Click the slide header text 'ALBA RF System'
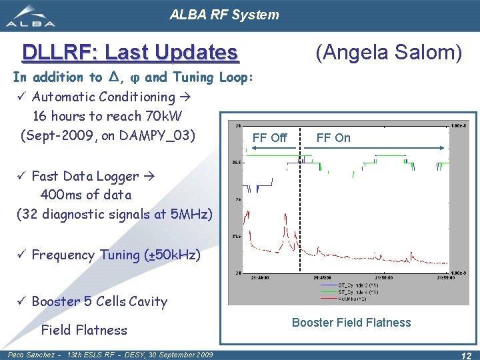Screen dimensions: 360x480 [x=224, y=14]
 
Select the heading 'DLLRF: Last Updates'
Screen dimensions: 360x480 [x=129, y=52]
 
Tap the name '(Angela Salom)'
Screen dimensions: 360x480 [x=389, y=51]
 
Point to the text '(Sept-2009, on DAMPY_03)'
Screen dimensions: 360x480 [x=108, y=135]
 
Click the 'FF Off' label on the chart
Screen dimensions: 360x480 [x=269, y=138]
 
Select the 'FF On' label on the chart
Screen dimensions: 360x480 [x=333, y=138]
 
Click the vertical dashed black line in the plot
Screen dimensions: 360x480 [x=300, y=213]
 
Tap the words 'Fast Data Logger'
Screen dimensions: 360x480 [x=85, y=177]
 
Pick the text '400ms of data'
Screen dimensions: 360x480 [x=86, y=195]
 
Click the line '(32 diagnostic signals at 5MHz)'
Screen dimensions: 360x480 [x=114, y=215]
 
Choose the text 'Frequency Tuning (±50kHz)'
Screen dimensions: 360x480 [x=115, y=255]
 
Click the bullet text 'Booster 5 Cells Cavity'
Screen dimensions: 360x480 [x=99, y=301]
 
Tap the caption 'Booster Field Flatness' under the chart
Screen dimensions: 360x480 [x=351, y=323]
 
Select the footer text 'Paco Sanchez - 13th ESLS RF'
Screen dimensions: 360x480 [x=67, y=355]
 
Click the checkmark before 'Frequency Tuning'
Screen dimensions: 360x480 [x=21, y=255]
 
